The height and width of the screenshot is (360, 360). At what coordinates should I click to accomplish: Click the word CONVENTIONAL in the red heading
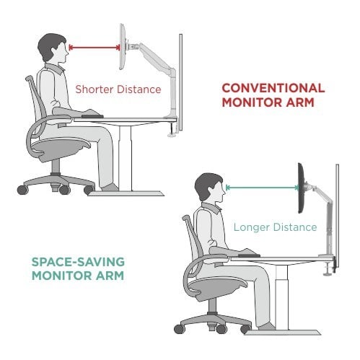click(273, 88)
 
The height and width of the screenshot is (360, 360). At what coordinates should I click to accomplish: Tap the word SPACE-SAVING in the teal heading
click(78, 262)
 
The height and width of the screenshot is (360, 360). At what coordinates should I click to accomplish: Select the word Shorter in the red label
click(95, 89)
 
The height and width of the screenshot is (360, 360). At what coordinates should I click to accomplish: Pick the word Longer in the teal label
click(252, 227)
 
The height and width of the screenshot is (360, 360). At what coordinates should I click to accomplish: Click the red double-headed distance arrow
click(95, 48)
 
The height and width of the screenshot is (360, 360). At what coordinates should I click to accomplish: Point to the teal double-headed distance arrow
click(262, 188)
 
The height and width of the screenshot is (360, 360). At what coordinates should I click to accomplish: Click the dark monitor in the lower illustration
click(302, 188)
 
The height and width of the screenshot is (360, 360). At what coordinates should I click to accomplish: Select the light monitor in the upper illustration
click(123, 47)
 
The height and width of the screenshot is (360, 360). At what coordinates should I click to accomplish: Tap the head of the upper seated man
click(53, 48)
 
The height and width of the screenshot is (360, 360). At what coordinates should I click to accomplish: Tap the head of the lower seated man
click(210, 188)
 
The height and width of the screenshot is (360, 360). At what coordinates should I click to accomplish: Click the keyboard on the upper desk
click(92, 116)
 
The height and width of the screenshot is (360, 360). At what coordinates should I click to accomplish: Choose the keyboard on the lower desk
click(249, 255)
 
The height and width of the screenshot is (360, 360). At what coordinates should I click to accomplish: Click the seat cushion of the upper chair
click(60, 148)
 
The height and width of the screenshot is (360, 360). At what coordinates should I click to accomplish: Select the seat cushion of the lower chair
click(217, 288)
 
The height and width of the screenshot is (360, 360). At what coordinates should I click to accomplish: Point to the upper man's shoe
click(110, 188)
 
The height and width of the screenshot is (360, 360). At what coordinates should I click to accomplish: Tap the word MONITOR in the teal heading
click(62, 276)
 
